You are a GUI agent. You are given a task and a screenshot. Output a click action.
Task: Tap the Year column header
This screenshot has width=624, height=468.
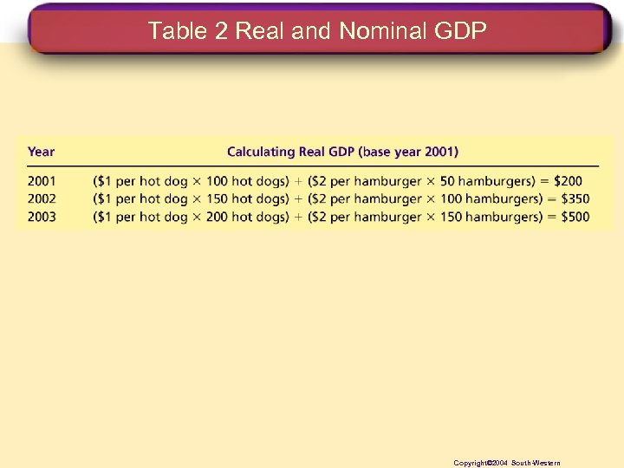[x=41, y=152]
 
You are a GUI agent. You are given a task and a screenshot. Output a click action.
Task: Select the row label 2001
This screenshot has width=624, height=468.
[x=42, y=181]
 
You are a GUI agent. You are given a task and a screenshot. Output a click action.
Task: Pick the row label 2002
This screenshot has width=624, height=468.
[x=42, y=198]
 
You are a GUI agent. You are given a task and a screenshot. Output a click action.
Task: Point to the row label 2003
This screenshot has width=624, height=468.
[x=42, y=217]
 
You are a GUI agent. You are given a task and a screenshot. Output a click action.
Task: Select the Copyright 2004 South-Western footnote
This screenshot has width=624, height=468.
[x=507, y=463]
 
